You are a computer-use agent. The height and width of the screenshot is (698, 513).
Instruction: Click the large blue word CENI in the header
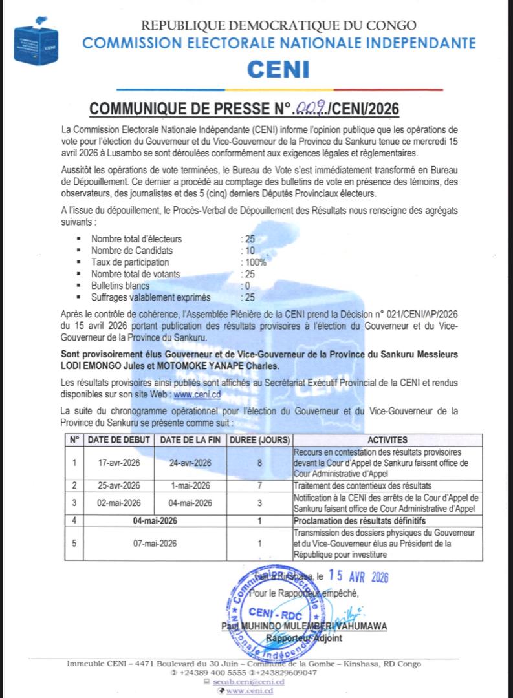(x=279, y=69)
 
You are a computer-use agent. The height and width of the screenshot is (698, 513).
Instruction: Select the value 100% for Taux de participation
(x=254, y=262)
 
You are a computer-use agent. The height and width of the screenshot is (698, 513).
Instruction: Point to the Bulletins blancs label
(x=120, y=286)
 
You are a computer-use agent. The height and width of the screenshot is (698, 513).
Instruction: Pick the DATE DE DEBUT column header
(x=119, y=440)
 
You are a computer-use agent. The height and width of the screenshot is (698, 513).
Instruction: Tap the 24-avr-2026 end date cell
(x=190, y=463)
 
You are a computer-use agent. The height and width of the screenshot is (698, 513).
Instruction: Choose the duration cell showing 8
(x=259, y=463)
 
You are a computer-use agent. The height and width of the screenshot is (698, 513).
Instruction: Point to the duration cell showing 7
(x=259, y=485)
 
